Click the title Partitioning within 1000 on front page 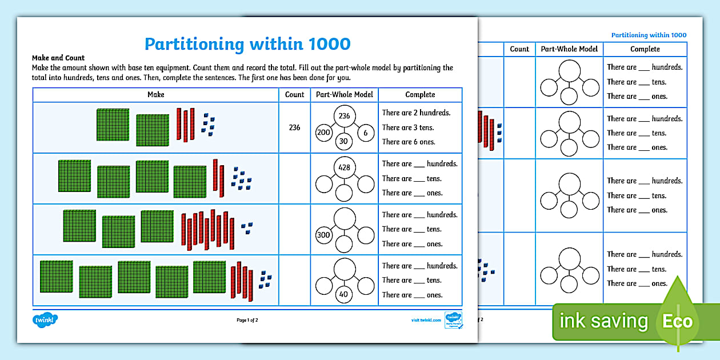[x=247, y=44]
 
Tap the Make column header [x=155, y=94]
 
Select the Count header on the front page [x=294, y=94]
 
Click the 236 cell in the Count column [x=294, y=127]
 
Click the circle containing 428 [x=344, y=167]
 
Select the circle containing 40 [x=344, y=295]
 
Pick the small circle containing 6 [x=365, y=133]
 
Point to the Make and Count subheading [x=58, y=58]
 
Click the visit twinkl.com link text [x=426, y=320]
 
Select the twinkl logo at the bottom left [x=46, y=320]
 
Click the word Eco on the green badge [x=677, y=321]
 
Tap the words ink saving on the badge [x=603, y=321]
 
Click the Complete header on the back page [x=645, y=49]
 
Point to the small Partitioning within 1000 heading [x=649, y=35]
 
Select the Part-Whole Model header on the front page [x=344, y=94]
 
